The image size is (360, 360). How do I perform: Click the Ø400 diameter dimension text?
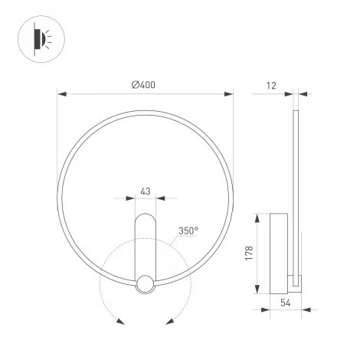pyautogui.click(x=143, y=85)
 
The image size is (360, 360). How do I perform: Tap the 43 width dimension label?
pyautogui.click(x=145, y=191)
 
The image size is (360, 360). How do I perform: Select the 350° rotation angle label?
pyautogui.click(x=188, y=230)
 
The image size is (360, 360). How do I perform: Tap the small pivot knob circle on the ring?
pyautogui.click(x=145, y=285)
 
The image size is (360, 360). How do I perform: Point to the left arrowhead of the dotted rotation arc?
pyautogui.click(x=119, y=321)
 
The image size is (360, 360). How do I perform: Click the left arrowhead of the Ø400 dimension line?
pyautogui.click(x=62, y=95)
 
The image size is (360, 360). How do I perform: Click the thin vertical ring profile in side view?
pyautogui.click(x=296, y=191)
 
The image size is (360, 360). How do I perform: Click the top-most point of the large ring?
pyautogui.click(x=145, y=110)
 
